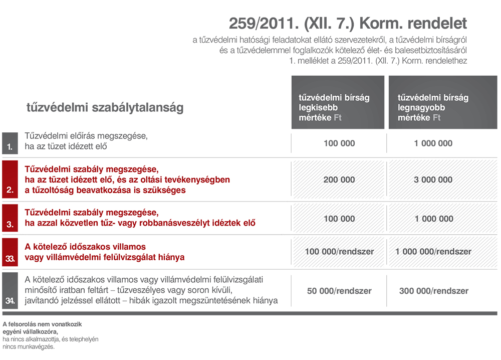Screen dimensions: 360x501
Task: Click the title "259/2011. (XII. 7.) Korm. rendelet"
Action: point(348,24)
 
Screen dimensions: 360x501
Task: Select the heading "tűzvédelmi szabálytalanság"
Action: point(105,107)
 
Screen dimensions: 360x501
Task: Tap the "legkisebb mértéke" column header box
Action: point(338,102)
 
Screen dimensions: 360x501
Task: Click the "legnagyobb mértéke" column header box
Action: point(443,102)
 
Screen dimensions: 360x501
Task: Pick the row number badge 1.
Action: point(10,142)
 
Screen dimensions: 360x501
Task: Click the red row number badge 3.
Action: point(10,219)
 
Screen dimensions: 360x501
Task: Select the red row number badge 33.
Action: point(10,252)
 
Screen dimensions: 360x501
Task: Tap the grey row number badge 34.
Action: point(10,290)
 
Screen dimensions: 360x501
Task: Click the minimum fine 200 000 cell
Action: point(339,180)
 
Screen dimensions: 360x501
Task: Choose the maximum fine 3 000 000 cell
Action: point(433,180)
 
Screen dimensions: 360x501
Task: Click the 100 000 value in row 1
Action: point(339,143)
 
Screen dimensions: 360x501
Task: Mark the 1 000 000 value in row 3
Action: point(433,219)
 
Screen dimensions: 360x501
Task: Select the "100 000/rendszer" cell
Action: point(339,252)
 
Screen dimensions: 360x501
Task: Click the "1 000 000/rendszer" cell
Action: point(433,252)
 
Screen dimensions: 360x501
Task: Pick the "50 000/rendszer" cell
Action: point(339,291)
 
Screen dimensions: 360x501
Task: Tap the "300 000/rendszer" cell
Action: point(433,291)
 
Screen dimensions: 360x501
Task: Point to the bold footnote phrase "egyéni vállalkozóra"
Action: point(30,331)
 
